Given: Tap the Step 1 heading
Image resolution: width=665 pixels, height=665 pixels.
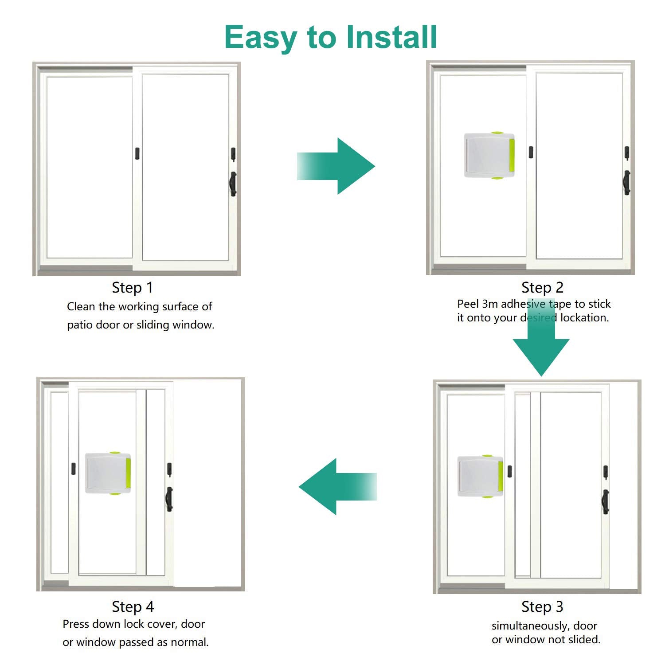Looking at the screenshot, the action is [x=132, y=288].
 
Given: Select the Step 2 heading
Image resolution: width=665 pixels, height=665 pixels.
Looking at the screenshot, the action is [x=542, y=288].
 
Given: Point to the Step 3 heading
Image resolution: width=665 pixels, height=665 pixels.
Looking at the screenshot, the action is [x=542, y=606].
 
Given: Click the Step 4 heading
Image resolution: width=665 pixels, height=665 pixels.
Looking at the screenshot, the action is [x=133, y=606].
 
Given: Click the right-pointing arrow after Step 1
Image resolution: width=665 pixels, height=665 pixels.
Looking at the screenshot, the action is [x=336, y=166].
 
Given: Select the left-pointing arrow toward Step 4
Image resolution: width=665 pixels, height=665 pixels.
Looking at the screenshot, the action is [x=338, y=486].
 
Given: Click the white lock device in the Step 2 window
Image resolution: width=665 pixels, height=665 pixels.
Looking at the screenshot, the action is [x=489, y=155].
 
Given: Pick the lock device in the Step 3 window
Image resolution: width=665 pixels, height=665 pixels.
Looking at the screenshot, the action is [x=481, y=477].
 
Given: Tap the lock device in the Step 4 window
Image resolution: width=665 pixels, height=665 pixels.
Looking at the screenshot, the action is [x=108, y=473].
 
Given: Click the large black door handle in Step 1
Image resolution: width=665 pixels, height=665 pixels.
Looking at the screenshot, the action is [x=233, y=184].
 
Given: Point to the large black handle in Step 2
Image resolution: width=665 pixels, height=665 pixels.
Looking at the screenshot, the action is [x=627, y=183].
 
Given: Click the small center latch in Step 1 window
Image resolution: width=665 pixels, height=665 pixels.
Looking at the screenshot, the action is [x=137, y=153].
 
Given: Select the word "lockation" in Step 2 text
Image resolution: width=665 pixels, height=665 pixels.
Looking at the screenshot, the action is [x=585, y=317].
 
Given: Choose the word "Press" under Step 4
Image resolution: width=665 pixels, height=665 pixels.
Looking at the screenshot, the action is [x=76, y=624].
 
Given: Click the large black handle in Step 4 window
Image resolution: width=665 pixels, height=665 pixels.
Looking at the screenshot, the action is [x=169, y=499].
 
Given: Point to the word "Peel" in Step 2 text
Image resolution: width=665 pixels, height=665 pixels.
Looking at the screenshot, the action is [x=468, y=304].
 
